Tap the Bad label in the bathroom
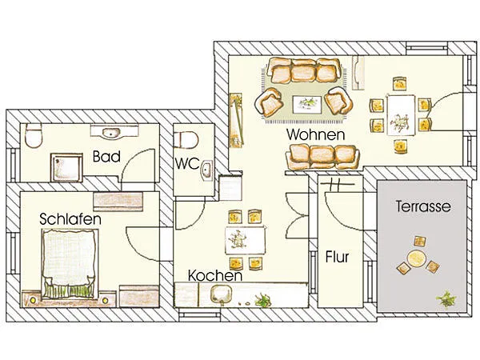pos(106,157)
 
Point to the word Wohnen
pos(316,134)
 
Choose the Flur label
pos(336,258)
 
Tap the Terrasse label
pos(423,206)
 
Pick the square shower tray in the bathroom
pos(66,166)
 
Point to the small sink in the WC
pos(207,170)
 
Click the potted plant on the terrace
pos(445,299)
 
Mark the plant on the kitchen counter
pos(262,300)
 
